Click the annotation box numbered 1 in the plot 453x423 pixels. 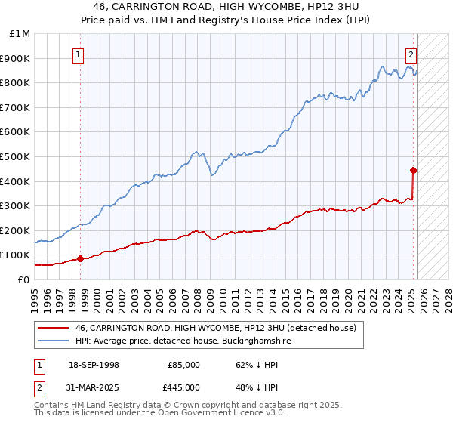79,54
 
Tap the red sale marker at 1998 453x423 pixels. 80,258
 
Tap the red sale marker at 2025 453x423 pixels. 414,170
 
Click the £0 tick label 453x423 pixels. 23,279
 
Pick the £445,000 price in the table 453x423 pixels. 184,387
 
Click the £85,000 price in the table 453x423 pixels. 184,365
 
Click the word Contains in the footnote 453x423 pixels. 53,405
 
